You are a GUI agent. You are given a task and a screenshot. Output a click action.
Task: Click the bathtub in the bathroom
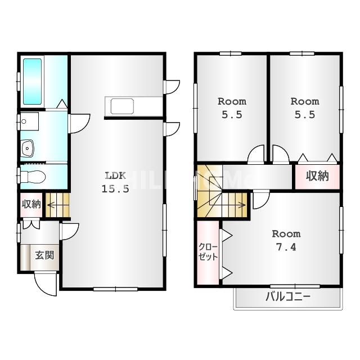[33, 82]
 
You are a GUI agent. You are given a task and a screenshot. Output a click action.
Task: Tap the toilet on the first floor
[33, 177]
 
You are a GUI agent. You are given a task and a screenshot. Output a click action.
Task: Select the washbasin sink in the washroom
[28, 148]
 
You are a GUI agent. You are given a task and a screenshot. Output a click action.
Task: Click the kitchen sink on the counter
[122, 106]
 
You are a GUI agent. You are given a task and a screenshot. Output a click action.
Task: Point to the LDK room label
[115, 175]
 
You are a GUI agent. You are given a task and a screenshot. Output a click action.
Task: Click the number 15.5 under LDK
[115, 189]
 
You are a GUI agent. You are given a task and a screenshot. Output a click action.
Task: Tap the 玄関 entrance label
[44, 255]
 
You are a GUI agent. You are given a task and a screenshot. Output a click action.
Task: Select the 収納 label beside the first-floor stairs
[31, 204]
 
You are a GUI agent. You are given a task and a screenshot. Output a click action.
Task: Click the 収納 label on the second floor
[317, 176]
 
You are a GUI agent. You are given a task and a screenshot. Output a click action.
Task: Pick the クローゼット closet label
[208, 252]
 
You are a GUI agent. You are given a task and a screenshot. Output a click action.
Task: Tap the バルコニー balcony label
[288, 297]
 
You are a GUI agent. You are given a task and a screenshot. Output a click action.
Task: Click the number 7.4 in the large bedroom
[286, 247]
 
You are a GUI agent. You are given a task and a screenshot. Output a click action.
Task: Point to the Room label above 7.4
[286, 234]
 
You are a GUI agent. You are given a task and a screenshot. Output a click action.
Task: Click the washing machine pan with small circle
[29, 121]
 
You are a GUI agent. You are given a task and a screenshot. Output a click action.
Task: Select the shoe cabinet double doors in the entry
[31, 225]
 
